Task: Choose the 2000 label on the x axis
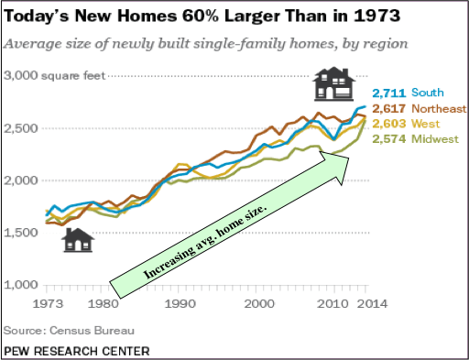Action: pyautogui.click(x=261, y=303)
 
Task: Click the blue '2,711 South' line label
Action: pyautogui.click(x=407, y=93)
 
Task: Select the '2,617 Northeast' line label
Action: pyautogui.click(x=417, y=108)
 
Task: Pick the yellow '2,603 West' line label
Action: pyautogui.click(x=404, y=124)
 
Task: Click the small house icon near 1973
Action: pyautogui.click(x=78, y=239)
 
